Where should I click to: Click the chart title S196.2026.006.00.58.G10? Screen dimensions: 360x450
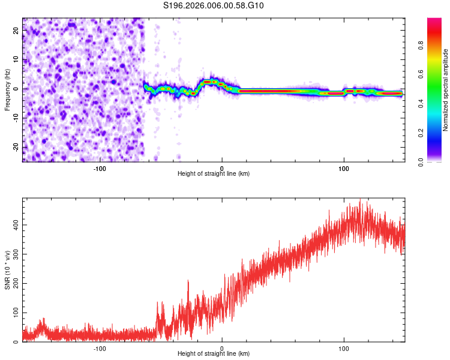pos(214,6)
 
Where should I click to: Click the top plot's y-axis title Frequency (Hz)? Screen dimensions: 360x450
pos(8,89)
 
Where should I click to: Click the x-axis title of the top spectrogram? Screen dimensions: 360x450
pos(214,173)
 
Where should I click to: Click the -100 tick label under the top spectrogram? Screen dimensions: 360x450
pos(100,167)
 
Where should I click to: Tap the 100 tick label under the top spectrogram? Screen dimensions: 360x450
pos(344,167)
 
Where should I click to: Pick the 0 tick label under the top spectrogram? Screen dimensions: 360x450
pos(222,167)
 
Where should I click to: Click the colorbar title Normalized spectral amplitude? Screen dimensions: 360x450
pos(446,90)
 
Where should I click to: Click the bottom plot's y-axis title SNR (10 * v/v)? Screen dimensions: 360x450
pos(8,270)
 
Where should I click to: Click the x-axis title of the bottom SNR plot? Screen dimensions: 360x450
pos(214,353)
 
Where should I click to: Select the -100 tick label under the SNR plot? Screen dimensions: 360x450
pos(100,348)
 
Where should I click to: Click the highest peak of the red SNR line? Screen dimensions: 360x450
pos(360,200)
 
